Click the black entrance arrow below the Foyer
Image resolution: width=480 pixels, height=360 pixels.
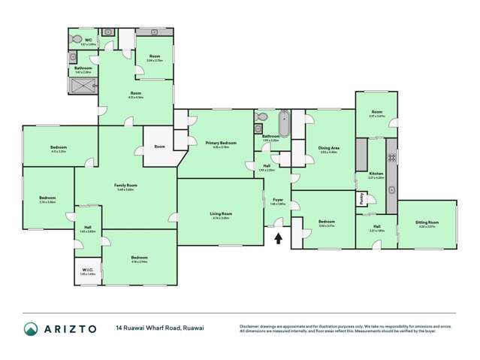click(279, 239)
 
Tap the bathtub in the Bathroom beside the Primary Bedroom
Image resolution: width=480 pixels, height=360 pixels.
click(284, 123)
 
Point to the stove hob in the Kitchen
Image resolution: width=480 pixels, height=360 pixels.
click(390, 158)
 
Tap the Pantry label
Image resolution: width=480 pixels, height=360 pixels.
click(361, 198)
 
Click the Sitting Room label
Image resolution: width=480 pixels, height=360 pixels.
click(427, 222)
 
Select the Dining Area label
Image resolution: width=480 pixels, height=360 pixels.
click(329, 148)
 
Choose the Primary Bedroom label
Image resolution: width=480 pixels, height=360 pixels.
click(220, 142)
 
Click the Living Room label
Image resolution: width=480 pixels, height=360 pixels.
click(221, 213)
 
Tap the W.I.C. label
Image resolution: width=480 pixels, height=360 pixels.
click(86, 270)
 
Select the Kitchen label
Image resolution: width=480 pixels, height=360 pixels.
click(376, 173)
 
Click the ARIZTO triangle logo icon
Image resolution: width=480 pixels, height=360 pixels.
click(31, 329)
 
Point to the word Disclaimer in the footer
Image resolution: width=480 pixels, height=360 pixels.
click(251, 325)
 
